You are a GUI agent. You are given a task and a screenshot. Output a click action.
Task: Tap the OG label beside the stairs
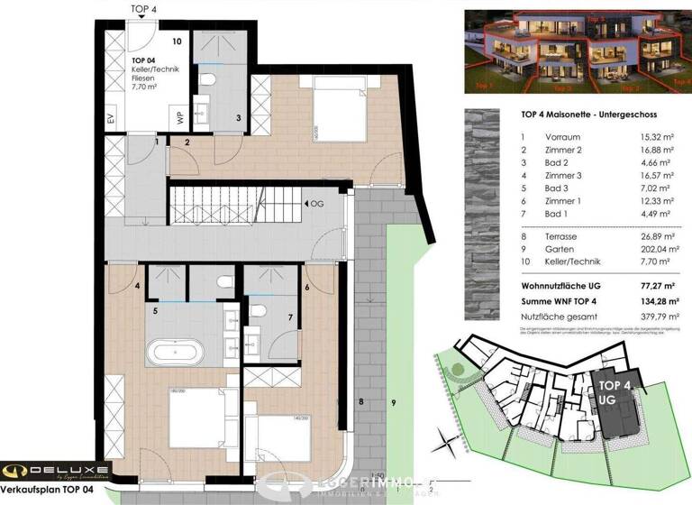point(317,206)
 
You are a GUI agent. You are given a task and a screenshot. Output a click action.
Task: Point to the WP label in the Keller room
point(180,118)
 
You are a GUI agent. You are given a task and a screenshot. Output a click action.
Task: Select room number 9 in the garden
point(393,400)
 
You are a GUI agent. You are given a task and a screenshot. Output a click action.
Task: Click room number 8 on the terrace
point(361,400)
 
